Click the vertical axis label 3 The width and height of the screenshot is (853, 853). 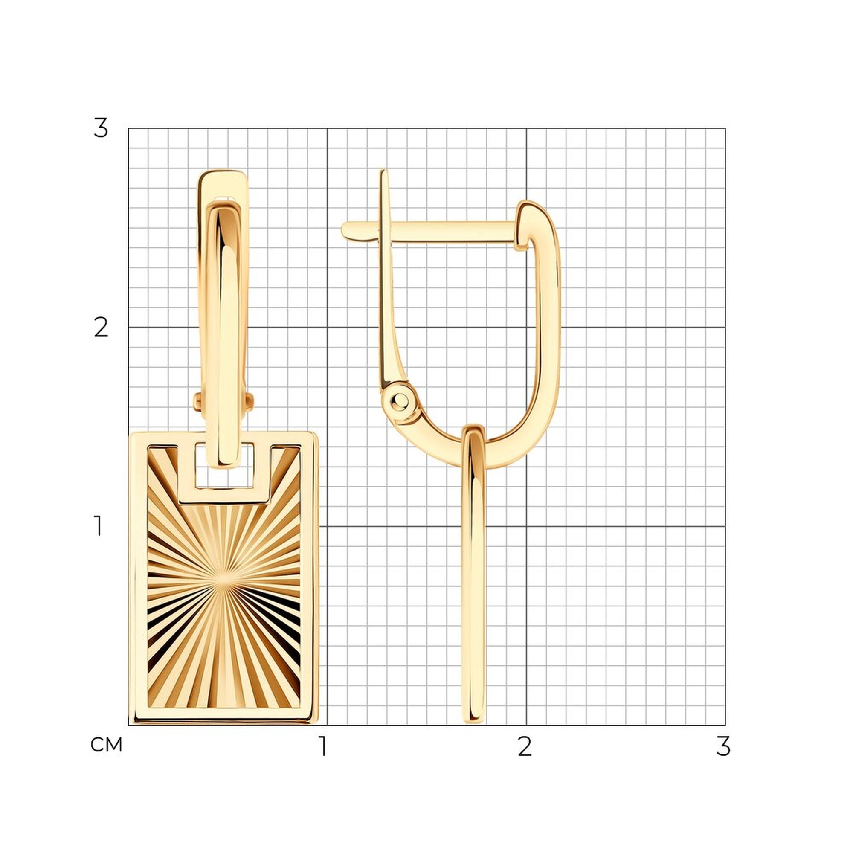tap(101, 128)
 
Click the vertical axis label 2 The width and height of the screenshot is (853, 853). tap(101, 328)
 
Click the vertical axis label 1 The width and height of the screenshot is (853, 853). tap(98, 526)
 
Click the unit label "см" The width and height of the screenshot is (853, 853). tap(106, 745)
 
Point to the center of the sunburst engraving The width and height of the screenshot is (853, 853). tap(224, 582)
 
